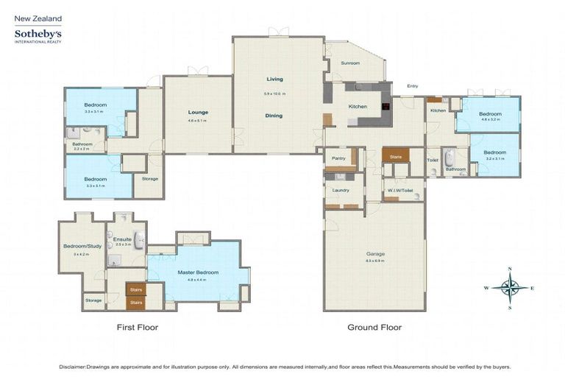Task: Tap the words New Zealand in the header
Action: pyautogui.click(x=38, y=18)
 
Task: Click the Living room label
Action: pyautogui.click(x=274, y=79)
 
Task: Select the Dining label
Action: pyautogui.click(x=274, y=116)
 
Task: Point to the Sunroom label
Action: pyautogui.click(x=351, y=63)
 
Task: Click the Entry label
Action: pyautogui.click(x=412, y=86)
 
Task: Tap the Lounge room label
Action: pyautogui.click(x=198, y=113)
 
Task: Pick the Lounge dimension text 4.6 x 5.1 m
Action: pyautogui.click(x=198, y=121)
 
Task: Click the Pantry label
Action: pyautogui.click(x=338, y=158)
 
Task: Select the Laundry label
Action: pyautogui.click(x=340, y=190)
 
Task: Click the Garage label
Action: pyautogui.click(x=375, y=254)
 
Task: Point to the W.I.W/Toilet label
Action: pyautogui.click(x=402, y=190)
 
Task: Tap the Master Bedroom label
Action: pyautogui.click(x=196, y=272)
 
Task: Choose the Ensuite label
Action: pyautogui.click(x=121, y=239)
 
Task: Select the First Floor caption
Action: pyautogui.click(x=138, y=327)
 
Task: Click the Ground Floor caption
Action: pyautogui.click(x=374, y=327)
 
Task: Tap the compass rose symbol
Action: pyautogui.click(x=510, y=286)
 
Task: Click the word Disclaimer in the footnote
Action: pyautogui.click(x=75, y=366)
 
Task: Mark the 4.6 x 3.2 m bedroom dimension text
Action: pyautogui.click(x=491, y=120)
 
